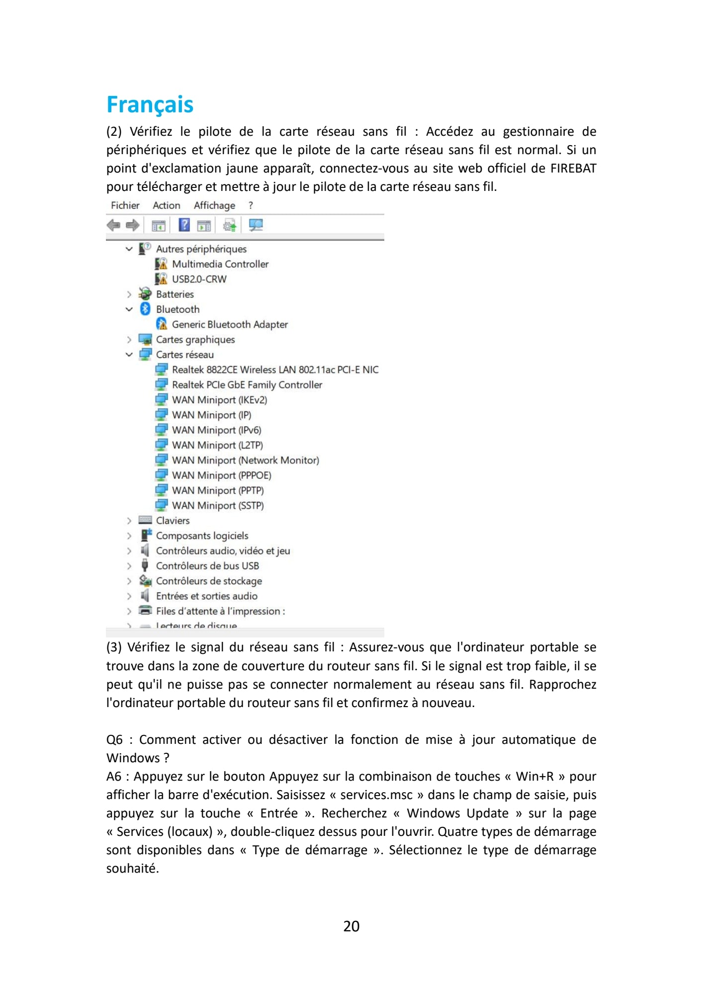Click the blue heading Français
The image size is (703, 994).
pyautogui.click(x=150, y=104)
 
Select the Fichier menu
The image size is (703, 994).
pyautogui.click(x=125, y=205)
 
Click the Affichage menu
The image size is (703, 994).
pyautogui.click(x=214, y=205)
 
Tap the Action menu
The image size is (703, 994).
pyautogui.click(x=166, y=205)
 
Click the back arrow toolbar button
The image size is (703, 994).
pyautogui.click(x=113, y=225)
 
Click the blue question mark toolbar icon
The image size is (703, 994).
pyautogui.click(x=184, y=225)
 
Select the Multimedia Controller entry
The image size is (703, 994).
pyautogui.click(x=220, y=264)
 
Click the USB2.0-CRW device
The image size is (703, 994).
pyautogui.click(x=199, y=279)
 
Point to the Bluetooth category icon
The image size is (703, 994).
pyautogui.click(x=145, y=309)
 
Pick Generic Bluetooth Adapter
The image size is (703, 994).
pyautogui.click(x=230, y=325)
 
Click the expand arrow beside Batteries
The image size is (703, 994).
pyautogui.click(x=129, y=294)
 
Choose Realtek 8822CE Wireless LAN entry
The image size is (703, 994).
pyautogui.click(x=275, y=370)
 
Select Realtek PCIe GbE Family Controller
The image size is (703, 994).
pyautogui.click(x=247, y=385)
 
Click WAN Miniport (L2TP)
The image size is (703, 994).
pyautogui.click(x=217, y=446)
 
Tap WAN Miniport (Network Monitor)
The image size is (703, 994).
pyautogui.click(x=245, y=460)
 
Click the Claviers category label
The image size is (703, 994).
pyautogui.click(x=173, y=521)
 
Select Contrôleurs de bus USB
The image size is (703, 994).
pyautogui.click(x=207, y=566)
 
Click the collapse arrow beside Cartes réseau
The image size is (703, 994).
pyautogui.click(x=129, y=355)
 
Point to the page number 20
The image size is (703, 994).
pyautogui.click(x=351, y=926)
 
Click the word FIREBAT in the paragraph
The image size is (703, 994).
pyautogui.click(x=573, y=169)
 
